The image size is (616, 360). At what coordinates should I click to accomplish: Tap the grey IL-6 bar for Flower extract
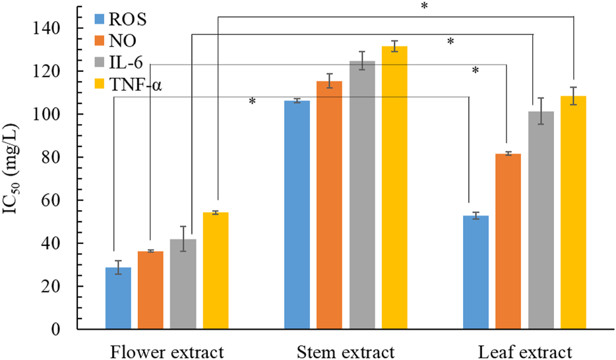click(x=183, y=284)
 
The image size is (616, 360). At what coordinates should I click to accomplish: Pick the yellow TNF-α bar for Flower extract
click(x=216, y=271)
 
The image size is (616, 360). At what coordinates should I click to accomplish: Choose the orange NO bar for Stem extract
click(x=329, y=205)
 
